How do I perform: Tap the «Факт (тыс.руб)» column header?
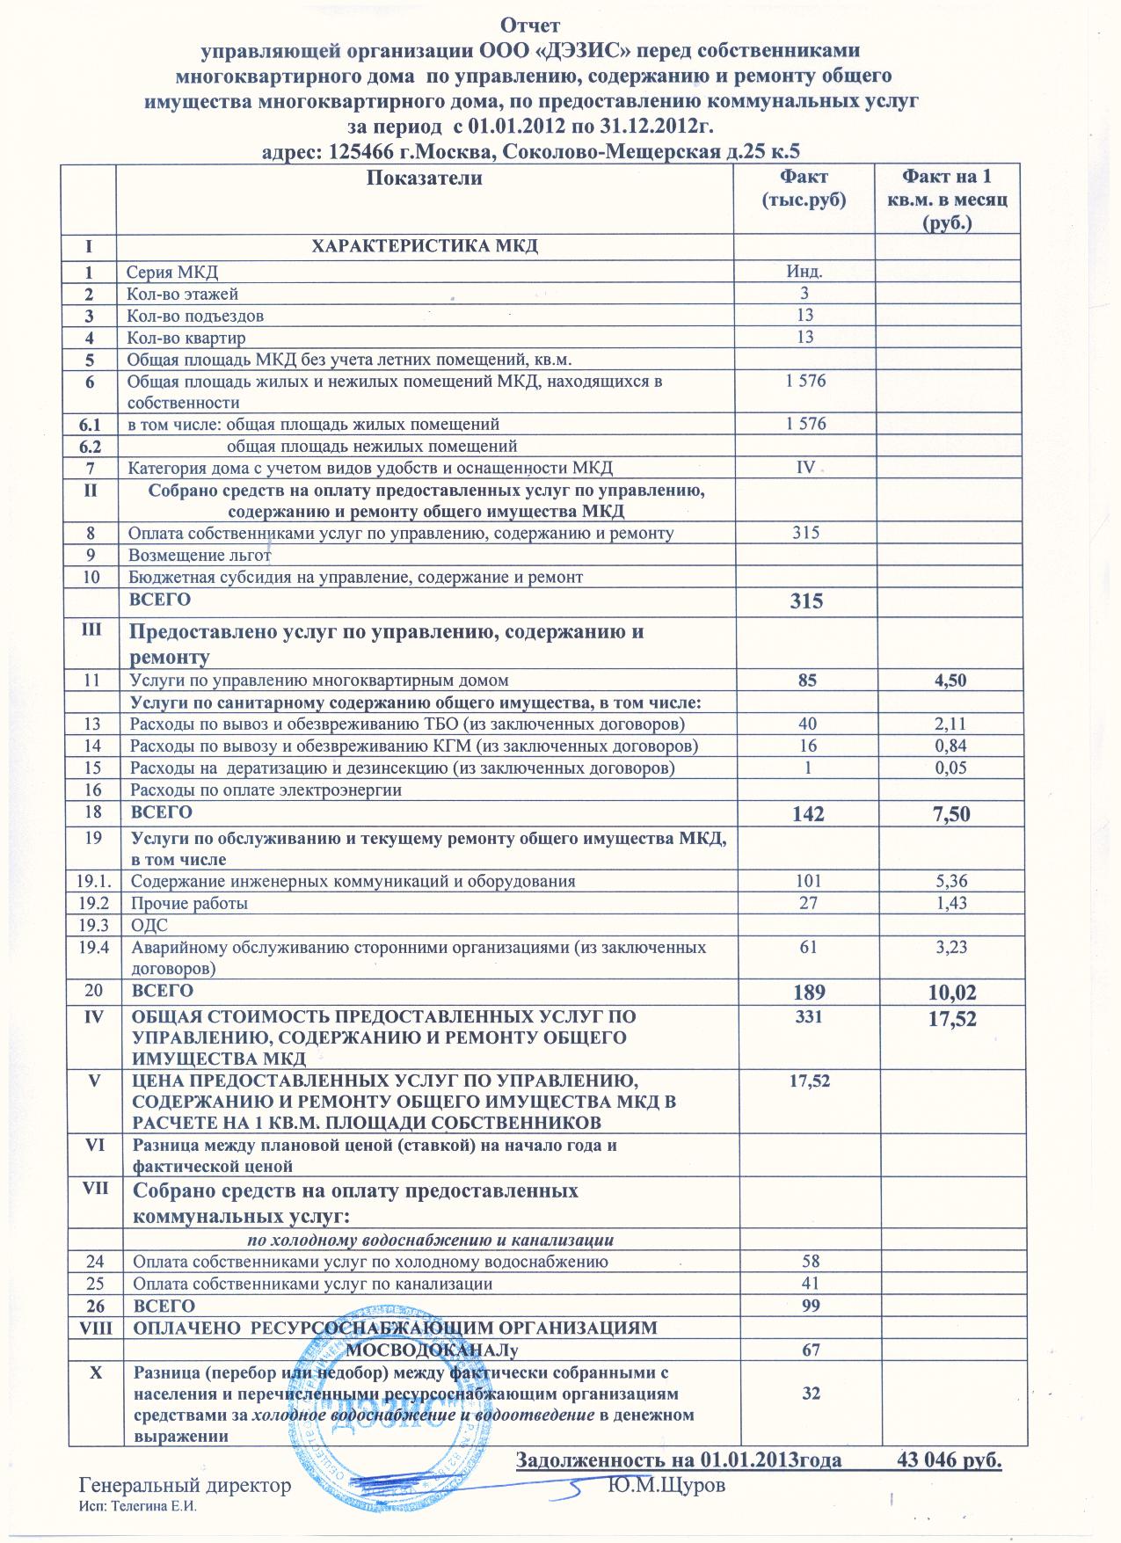coord(804,188)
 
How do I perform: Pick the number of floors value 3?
coord(804,294)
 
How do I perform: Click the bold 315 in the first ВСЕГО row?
coord(805,601)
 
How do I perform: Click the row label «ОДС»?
coord(148,925)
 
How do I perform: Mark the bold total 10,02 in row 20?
coord(949,993)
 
